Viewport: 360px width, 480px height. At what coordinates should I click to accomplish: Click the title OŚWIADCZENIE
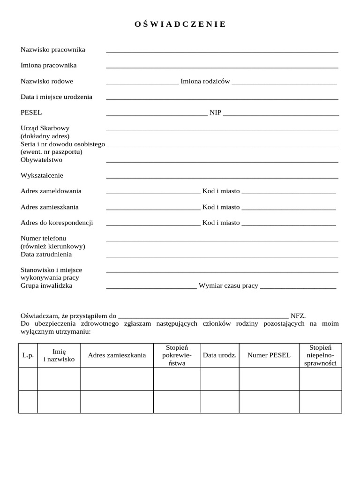coord(180,24)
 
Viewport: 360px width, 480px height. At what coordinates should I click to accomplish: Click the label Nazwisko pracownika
coord(53,49)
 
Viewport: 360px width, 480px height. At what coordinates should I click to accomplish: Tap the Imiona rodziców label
coord(205,81)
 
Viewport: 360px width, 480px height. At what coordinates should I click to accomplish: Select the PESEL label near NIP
coord(31,112)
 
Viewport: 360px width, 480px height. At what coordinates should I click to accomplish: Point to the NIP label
coord(215,112)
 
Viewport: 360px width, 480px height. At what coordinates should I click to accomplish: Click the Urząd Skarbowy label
coord(45,128)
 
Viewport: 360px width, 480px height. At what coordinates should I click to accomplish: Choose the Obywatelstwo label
coord(41,159)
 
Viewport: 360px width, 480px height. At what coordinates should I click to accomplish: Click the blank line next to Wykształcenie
coord(222,177)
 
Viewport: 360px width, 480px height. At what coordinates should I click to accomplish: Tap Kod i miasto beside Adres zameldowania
coord(221,191)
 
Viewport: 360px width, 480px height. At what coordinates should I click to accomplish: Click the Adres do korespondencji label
coord(57,223)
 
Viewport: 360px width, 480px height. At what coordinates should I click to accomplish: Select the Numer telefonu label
coord(44,238)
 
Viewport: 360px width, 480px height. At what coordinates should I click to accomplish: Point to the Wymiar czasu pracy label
coord(228,285)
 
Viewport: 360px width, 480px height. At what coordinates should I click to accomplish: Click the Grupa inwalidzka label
coord(46,285)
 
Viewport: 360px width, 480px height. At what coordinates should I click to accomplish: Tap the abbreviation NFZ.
coord(298,316)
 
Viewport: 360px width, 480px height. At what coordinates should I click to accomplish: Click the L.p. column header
coord(28,355)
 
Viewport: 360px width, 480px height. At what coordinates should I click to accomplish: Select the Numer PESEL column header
coord(269,355)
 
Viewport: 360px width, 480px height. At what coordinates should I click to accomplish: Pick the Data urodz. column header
coord(220,355)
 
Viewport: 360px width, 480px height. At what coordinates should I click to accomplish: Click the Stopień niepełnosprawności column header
coord(321,355)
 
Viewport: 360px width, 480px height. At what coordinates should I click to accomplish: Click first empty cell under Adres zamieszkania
coord(117,379)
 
